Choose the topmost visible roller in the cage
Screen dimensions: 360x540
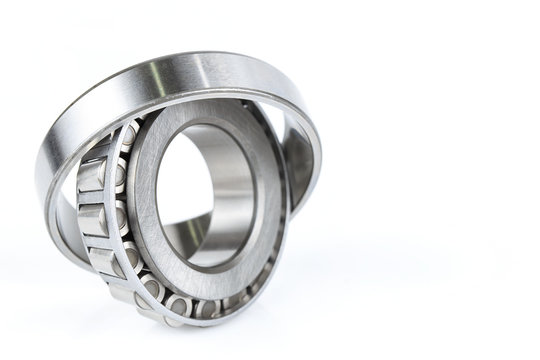128,133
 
